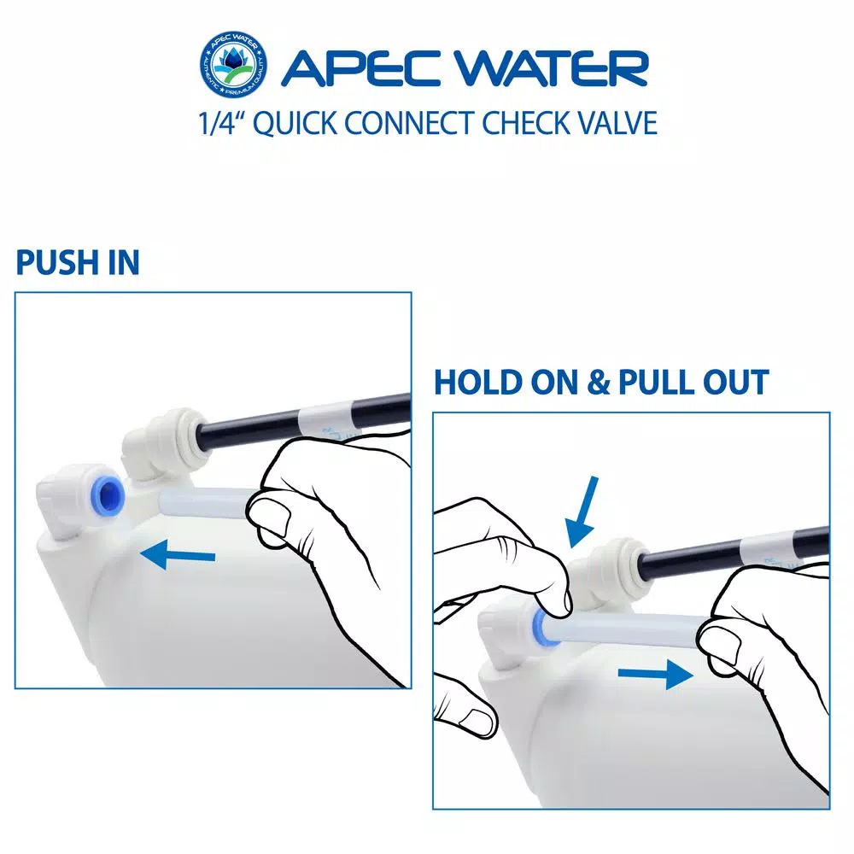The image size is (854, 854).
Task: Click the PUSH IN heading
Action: [x=78, y=263]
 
